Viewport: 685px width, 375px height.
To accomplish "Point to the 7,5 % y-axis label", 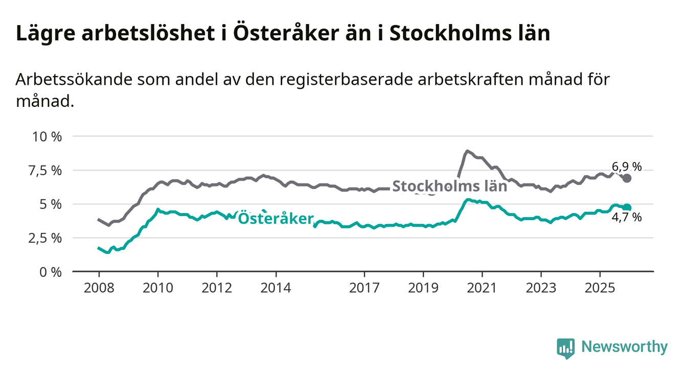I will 47,170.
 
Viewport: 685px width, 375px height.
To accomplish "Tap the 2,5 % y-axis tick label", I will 47,238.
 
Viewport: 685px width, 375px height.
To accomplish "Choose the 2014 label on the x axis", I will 276,288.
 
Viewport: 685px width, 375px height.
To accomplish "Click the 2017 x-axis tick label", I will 364,288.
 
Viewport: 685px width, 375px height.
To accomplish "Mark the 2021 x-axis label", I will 482,288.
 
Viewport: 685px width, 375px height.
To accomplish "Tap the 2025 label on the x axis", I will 600,288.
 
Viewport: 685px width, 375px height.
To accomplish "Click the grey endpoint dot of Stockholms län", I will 627,178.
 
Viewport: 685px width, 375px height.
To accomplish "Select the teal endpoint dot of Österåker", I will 627,207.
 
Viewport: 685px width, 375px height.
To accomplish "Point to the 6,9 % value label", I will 626,167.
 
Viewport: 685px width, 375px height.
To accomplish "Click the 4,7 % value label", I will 626,218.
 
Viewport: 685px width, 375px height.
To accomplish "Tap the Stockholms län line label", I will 449,186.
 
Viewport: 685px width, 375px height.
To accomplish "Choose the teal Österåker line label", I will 276,219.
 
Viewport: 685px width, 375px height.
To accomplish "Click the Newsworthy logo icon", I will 565,347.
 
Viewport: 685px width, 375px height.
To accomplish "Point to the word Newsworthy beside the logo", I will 624,347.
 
